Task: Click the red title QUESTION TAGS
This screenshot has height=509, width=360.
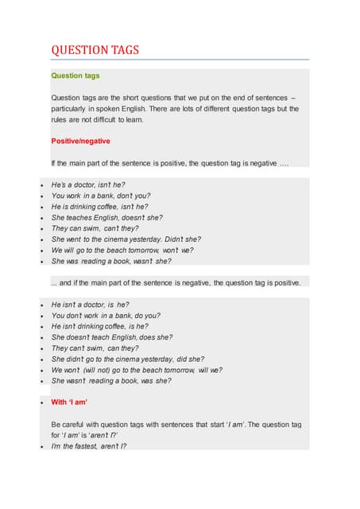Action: pyautogui.click(x=95, y=50)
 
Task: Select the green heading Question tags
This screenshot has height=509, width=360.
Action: pyautogui.click(x=75, y=76)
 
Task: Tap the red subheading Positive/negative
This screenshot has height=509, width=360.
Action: pyautogui.click(x=80, y=141)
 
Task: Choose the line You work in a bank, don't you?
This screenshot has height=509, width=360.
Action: pyautogui.click(x=101, y=196)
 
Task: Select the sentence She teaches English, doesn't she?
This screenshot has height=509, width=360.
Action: pyautogui.click(x=111, y=217)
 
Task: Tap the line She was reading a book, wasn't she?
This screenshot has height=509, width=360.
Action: pyautogui.click(x=111, y=261)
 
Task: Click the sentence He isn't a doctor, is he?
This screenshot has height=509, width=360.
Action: pyautogui.click(x=90, y=305)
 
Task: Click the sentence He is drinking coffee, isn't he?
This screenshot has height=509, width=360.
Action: pyautogui.click(x=99, y=206)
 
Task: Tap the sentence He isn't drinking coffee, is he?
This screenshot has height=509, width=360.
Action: pyautogui.click(x=99, y=326)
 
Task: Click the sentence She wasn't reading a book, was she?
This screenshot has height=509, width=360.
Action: pyautogui.click(x=111, y=381)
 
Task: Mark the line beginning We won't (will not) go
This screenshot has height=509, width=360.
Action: pyautogui.click(x=137, y=370)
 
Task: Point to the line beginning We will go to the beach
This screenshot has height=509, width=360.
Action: pyautogui.click(x=122, y=250)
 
